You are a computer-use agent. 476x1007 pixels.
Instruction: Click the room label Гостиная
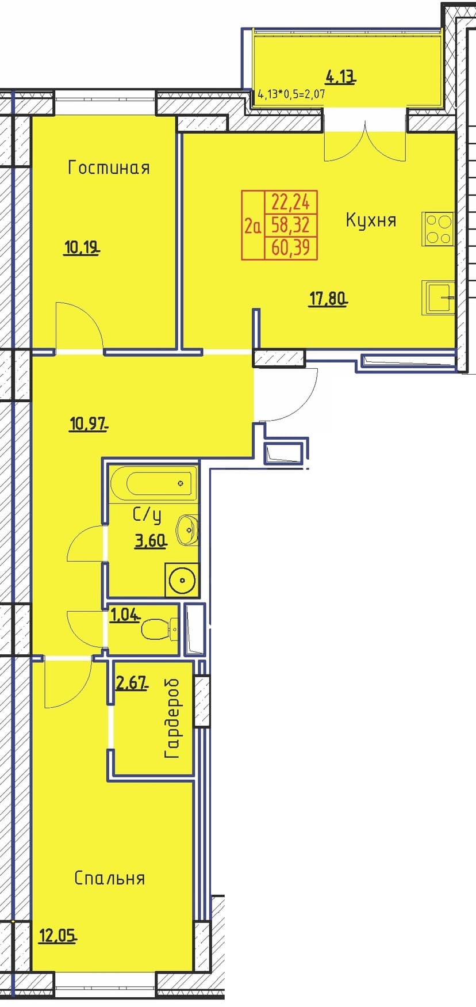pyautogui.click(x=109, y=168)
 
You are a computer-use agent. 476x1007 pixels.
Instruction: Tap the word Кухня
pyautogui.click(x=371, y=220)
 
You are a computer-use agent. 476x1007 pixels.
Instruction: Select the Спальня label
pyautogui.click(x=109, y=878)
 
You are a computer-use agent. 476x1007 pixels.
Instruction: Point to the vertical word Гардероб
pyautogui.click(x=172, y=718)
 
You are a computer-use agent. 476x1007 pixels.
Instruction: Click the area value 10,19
pyautogui.click(x=82, y=248)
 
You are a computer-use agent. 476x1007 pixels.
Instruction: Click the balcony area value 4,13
pyautogui.click(x=340, y=76)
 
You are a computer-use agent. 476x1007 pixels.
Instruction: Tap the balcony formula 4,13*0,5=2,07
pyautogui.click(x=291, y=94)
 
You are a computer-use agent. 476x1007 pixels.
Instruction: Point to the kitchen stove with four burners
pyautogui.click(x=438, y=229)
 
